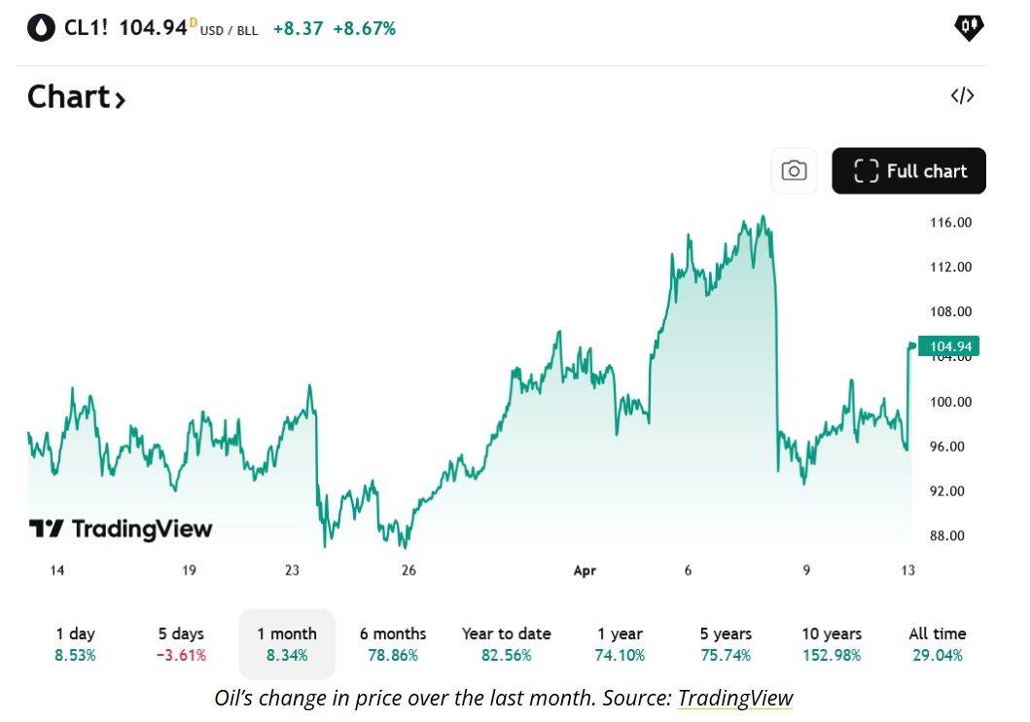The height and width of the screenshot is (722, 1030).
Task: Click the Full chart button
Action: (x=908, y=171)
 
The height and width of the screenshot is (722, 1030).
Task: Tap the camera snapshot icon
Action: (x=794, y=171)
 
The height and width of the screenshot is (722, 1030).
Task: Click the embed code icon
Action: (x=962, y=95)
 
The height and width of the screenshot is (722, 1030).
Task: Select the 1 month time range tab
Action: (x=287, y=644)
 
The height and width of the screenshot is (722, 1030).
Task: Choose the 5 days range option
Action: (x=182, y=644)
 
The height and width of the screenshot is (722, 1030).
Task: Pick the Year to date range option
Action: (x=506, y=644)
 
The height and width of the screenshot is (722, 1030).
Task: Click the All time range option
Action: (x=937, y=644)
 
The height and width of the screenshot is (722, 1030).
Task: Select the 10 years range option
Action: (x=832, y=644)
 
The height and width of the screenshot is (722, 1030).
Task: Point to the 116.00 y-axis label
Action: (x=950, y=223)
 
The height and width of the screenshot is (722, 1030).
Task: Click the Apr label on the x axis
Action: (x=584, y=571)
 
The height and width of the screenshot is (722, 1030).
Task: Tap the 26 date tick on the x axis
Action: (x=408, y=571)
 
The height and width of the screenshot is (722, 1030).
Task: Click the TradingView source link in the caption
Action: (x=735, y=698)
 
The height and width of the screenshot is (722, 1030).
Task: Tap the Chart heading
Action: (x=76, y=97)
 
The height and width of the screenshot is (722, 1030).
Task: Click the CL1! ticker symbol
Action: (x=86, y=28)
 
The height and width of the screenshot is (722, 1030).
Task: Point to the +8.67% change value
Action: (x=364, y=29)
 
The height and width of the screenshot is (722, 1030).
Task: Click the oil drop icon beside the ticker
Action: (x=42, y=28)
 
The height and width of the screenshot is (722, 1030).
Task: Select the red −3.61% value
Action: (x=182, y=656)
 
